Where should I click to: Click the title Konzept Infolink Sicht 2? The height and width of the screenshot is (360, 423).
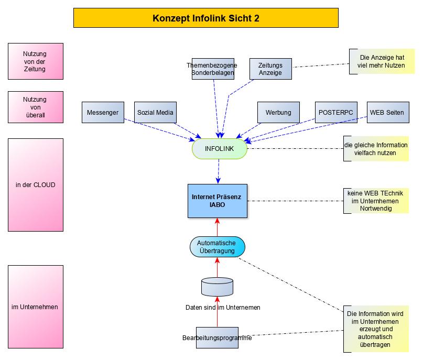click(205, 18)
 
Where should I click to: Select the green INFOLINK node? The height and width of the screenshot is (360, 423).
click(219, 149)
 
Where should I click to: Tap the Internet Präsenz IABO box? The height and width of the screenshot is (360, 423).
click(218, 201)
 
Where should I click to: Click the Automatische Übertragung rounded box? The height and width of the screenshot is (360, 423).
click(217, 247)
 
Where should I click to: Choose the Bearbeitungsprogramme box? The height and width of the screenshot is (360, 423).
click(217, 338)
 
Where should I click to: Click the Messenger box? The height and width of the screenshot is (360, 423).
click(103, 112)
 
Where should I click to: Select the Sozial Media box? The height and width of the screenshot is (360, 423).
click(155, 112)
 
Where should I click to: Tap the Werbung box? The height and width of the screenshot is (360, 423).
click(278, 112)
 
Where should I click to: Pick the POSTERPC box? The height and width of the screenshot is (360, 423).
click(335, 112)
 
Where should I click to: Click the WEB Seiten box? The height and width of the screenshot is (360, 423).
click(387, 112)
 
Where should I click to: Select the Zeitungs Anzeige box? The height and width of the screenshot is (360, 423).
click(270, 69)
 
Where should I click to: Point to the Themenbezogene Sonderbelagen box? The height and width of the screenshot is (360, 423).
click(212, 69)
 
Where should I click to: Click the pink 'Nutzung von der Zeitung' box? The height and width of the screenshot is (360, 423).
click(35, 61)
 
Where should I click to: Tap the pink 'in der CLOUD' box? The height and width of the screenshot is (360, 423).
click(35, 184)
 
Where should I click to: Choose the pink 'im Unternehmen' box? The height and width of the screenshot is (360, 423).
click(35, 307)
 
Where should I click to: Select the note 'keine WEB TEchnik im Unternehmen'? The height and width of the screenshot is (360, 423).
click(376, 201)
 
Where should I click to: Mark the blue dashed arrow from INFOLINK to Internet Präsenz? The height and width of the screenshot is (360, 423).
click(218, 171)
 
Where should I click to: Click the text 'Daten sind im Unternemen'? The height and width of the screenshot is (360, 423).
click(223, 308)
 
